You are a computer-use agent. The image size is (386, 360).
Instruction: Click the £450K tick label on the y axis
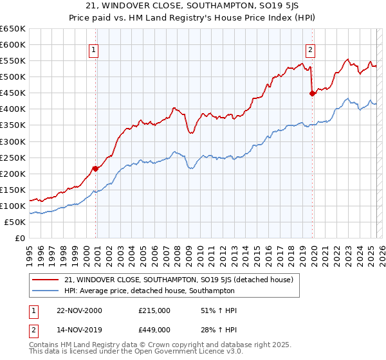click(x=13, y=93)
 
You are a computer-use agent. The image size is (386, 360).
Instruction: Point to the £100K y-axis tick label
click(x=13, y=206)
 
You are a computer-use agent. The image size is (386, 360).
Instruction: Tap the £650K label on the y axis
click(x=13, y=29)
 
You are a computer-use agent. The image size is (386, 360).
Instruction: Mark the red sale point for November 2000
click(x=95, y=168)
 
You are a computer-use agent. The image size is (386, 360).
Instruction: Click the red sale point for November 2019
click(x=313, y=93)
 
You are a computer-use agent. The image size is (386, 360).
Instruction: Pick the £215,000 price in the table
click(x=154, y=310)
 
